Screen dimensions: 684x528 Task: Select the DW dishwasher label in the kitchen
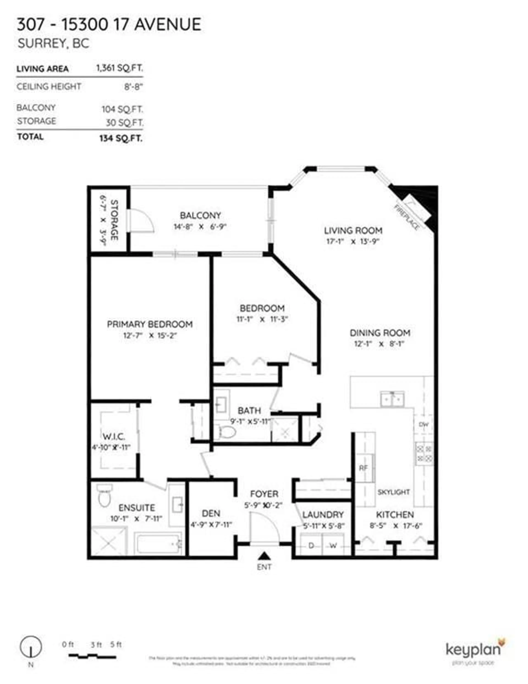(x=424, y=425)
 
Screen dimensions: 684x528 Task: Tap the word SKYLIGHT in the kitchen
(x=394, y=492)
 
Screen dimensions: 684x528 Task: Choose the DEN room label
(x=211, y=513)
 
